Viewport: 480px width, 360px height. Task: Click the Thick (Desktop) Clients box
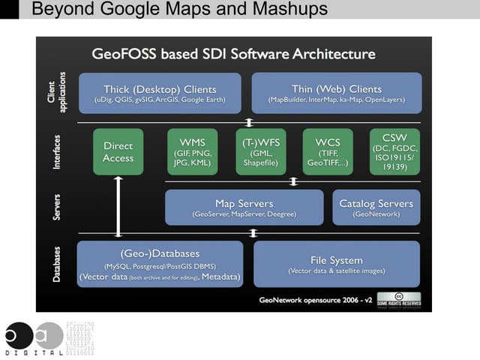click(x=160, y=92)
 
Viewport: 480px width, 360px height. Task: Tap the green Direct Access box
click(x=118, y=152)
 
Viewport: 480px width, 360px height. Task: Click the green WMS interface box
click(x=193, y=152)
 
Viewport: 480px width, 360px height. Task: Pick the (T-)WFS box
click(x=260, y=152)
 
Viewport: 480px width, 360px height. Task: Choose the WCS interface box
click(x=328, y=152)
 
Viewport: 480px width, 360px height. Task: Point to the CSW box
click(x=394, y=151)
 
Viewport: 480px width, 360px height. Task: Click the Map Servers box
click(x=244, y=208)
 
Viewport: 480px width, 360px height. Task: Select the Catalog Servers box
click(x=376, y=208)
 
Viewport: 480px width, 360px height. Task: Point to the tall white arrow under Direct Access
click(x=118, y=207)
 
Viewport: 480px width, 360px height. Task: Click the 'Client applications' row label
click(x=58, y=92)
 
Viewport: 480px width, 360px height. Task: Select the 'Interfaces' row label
click(x=57, y=152)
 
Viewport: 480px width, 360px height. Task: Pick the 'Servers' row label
click(x=57, y=208)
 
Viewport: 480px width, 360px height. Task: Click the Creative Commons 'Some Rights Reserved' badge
click(x=398, y=298)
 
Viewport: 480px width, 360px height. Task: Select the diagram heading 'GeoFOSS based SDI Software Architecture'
click(x=233, y=54)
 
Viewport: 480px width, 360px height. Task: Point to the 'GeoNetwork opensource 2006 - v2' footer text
click(x=315, y=299)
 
